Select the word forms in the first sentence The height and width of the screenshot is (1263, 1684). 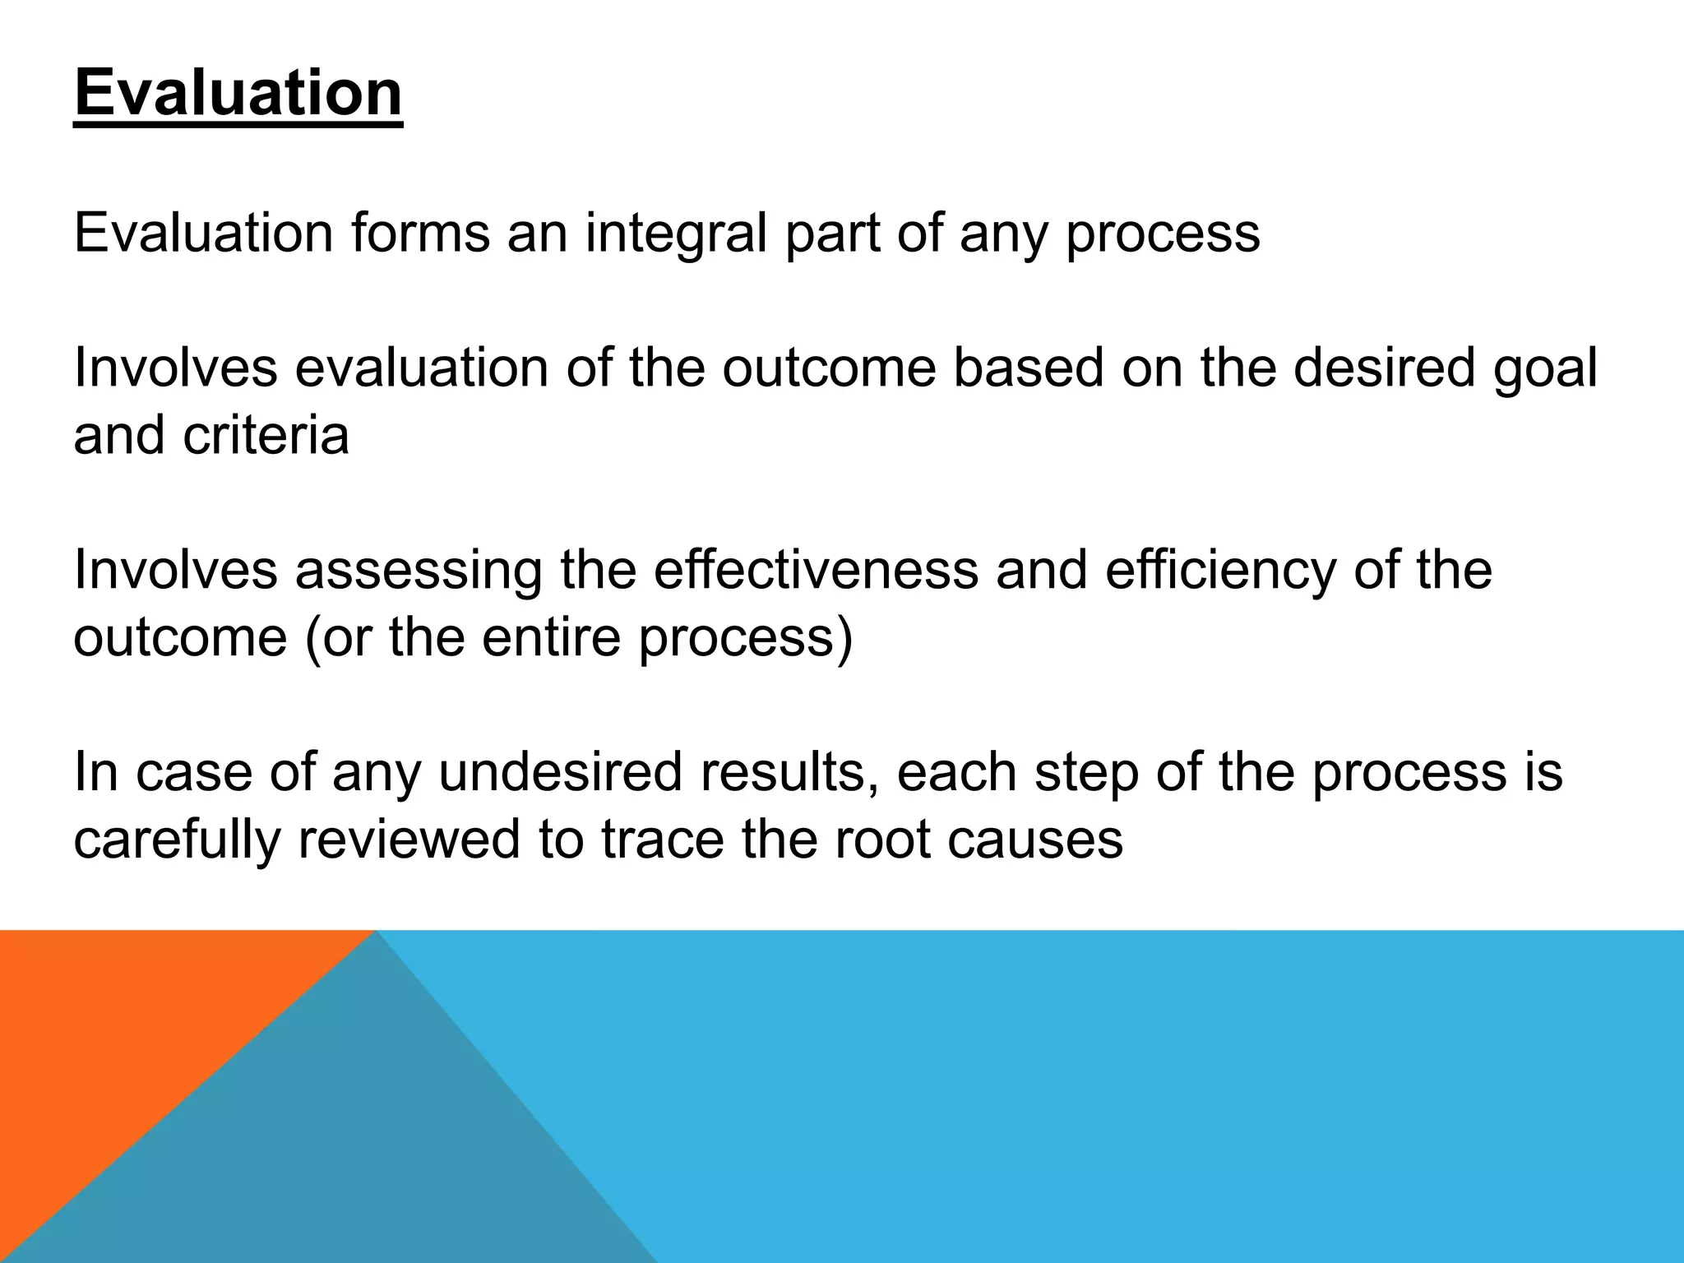click(420, 233)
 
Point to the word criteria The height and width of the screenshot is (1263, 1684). click(266, 435)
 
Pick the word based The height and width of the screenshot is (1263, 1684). click(1028, 368)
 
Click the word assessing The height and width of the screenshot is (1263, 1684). click(419, 570)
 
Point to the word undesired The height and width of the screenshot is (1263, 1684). click(560, 772)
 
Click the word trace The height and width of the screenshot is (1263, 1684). click(663, 840)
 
